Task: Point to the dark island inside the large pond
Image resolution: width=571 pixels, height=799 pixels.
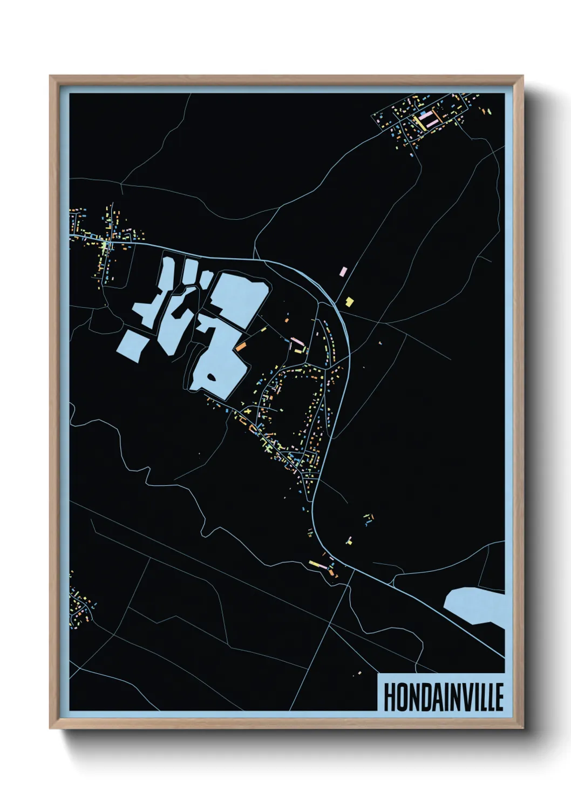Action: click(x=212, y=377)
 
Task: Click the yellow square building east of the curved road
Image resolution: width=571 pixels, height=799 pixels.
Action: click(x=349, y=302)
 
